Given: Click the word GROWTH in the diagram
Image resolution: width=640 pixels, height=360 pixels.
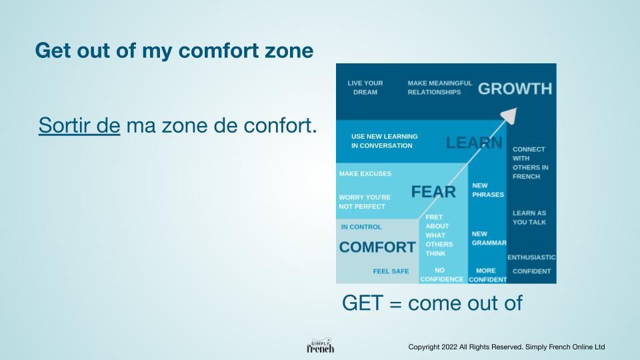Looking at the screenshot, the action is tap(515, 89).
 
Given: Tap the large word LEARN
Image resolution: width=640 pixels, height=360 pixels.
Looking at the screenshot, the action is tap(474, 143).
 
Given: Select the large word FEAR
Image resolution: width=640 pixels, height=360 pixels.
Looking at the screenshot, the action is tap(433, 192).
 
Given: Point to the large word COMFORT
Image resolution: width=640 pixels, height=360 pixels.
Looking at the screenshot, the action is tap(377, 247).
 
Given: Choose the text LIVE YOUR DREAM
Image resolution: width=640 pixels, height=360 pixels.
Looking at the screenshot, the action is tap(365, 88).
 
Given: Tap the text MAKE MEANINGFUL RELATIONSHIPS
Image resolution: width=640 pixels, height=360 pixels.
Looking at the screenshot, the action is tap(439, 88).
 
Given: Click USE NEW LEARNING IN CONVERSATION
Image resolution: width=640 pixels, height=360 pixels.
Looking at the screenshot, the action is tap(385, 141).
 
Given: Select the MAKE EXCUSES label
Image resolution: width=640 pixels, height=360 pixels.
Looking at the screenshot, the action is tap(365, 173).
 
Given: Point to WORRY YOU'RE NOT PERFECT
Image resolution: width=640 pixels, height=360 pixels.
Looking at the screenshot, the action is tap(365, 201).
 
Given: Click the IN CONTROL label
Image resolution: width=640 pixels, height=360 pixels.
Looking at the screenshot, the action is tap(361, 227).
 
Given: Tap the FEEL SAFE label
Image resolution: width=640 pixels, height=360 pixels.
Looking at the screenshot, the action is tap(391, 271).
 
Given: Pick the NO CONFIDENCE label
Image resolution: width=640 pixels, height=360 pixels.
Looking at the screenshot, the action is tap(441, 275).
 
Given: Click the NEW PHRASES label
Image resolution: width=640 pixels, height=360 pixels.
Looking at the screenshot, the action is tap(488, 190).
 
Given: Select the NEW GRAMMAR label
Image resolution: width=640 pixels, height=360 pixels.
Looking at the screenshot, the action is tap(489, 239).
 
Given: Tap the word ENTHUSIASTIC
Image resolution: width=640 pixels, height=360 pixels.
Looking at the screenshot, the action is tap(531, 257).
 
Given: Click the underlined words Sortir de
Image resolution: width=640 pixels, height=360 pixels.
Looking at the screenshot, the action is tap(79, 125).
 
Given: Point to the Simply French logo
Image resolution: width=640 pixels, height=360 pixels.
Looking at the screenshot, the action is tap(321, 346).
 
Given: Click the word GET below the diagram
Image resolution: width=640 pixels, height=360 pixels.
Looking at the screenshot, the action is tap(363, 303).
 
